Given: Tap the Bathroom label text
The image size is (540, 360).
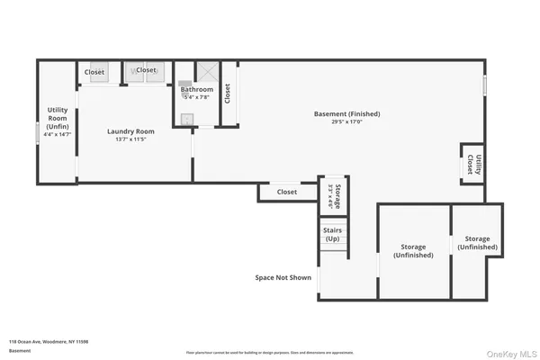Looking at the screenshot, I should point(196,89).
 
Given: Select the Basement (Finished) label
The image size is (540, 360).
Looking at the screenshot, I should point(346,114).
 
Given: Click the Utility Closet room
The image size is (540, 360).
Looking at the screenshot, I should point(471,164).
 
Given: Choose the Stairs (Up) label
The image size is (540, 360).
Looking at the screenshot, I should point(332,235).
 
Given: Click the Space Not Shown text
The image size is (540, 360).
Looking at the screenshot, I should point(283,277).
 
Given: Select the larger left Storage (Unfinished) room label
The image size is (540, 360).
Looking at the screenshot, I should point(413,250).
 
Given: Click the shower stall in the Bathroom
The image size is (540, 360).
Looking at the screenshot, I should point(207,72).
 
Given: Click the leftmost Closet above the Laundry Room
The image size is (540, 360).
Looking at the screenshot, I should point(94,71).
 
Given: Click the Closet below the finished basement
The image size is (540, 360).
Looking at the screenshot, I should point(286,192).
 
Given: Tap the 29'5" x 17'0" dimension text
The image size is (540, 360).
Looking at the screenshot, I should point(346,123).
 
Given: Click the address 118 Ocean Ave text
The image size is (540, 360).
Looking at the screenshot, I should point(48,342).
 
